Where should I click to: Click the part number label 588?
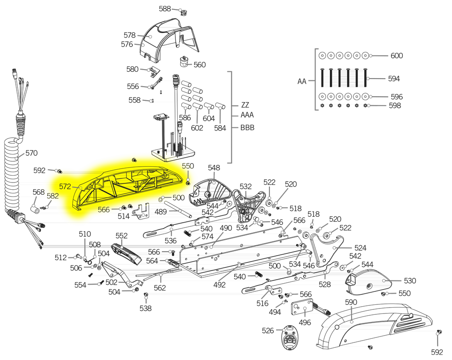tap(165, 9)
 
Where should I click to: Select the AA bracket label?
tap(302, 81)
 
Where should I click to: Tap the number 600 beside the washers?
tap(397, 56)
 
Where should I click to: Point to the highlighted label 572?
tap(65, 187)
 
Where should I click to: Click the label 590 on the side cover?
tap(351, 302)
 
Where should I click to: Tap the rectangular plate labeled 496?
tap(302, 309)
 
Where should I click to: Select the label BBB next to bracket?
tap(247, 127)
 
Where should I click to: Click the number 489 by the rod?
tap(160, 212)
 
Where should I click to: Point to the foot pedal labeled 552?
tap(126, 254)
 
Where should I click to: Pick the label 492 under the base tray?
tap(219, 285)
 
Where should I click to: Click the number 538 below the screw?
tap(146, 309)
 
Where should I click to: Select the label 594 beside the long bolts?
tap(394, 79)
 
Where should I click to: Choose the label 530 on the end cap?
tap(410, 281)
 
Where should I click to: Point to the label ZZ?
tap(245, 105)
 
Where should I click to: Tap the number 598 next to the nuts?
tap(395, 105)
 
